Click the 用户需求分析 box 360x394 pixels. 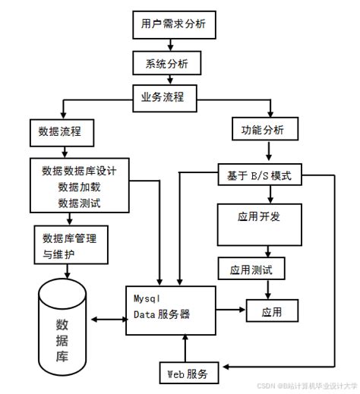(169, 24)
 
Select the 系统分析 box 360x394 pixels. (169, 64)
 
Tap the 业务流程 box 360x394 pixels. (169, 97)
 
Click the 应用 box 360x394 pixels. (271, 310)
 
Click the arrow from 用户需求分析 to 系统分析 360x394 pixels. (169, 44)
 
